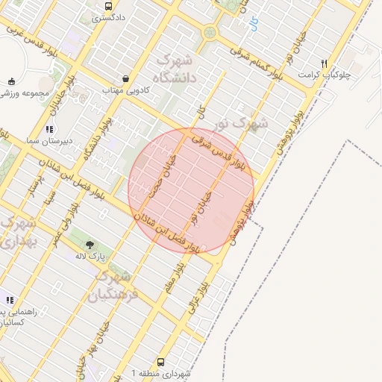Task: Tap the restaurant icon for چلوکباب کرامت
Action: [323, 64]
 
